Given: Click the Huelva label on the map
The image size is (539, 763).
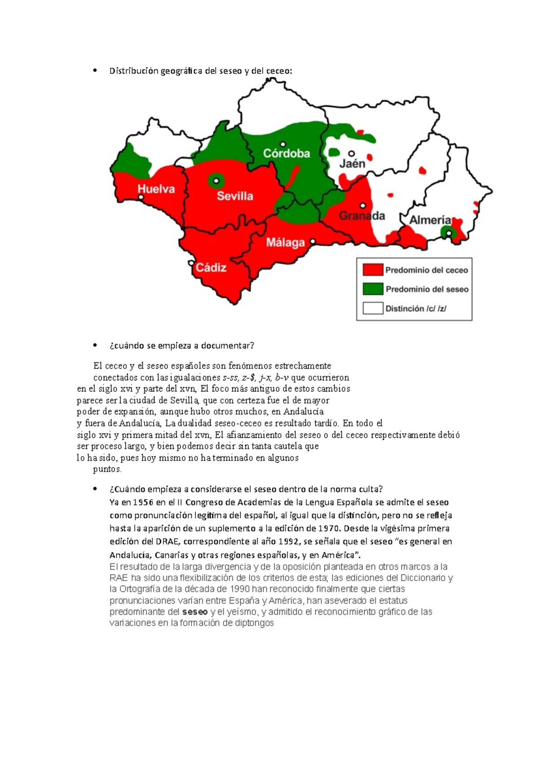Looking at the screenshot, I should coord(156,189).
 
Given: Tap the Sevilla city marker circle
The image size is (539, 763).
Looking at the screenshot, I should coord(216,181).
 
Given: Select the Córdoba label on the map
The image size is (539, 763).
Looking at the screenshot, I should coord(287,154).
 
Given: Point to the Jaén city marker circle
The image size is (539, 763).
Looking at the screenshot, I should coord(352,154).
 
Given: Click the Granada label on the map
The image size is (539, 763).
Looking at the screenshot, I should coord(362,216).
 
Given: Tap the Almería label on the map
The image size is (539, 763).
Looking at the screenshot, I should coord(430,220).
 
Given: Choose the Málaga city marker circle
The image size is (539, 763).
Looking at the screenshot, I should coord(313,241).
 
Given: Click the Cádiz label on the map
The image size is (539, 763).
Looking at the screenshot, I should coord(211,268).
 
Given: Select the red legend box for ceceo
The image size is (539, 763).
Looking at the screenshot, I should coord(373,270).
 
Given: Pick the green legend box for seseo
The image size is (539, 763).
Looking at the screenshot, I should coord(373,289).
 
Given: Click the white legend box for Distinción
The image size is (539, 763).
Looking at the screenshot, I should coord(373,308).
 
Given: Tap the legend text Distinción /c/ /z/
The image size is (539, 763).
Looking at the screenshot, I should coord(416,309).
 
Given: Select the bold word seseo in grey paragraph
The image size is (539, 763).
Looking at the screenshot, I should coord(195,612).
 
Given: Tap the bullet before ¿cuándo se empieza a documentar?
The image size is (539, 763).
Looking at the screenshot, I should coord(95,345).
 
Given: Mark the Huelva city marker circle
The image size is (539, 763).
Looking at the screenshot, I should coord(141,197).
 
